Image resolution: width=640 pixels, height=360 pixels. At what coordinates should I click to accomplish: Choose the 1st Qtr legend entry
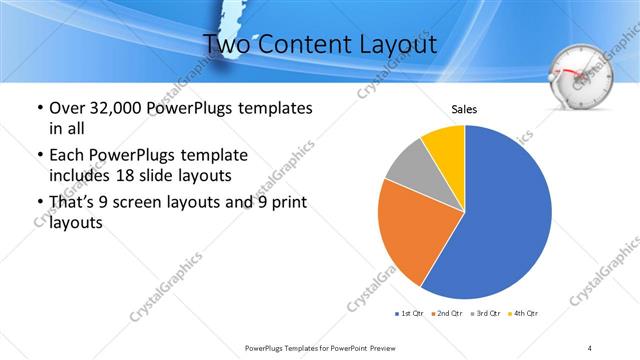(409, 314)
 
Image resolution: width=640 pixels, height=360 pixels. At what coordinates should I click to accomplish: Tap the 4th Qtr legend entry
(524, 314)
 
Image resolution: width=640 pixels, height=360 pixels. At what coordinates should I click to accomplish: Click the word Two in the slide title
(225, 44)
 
